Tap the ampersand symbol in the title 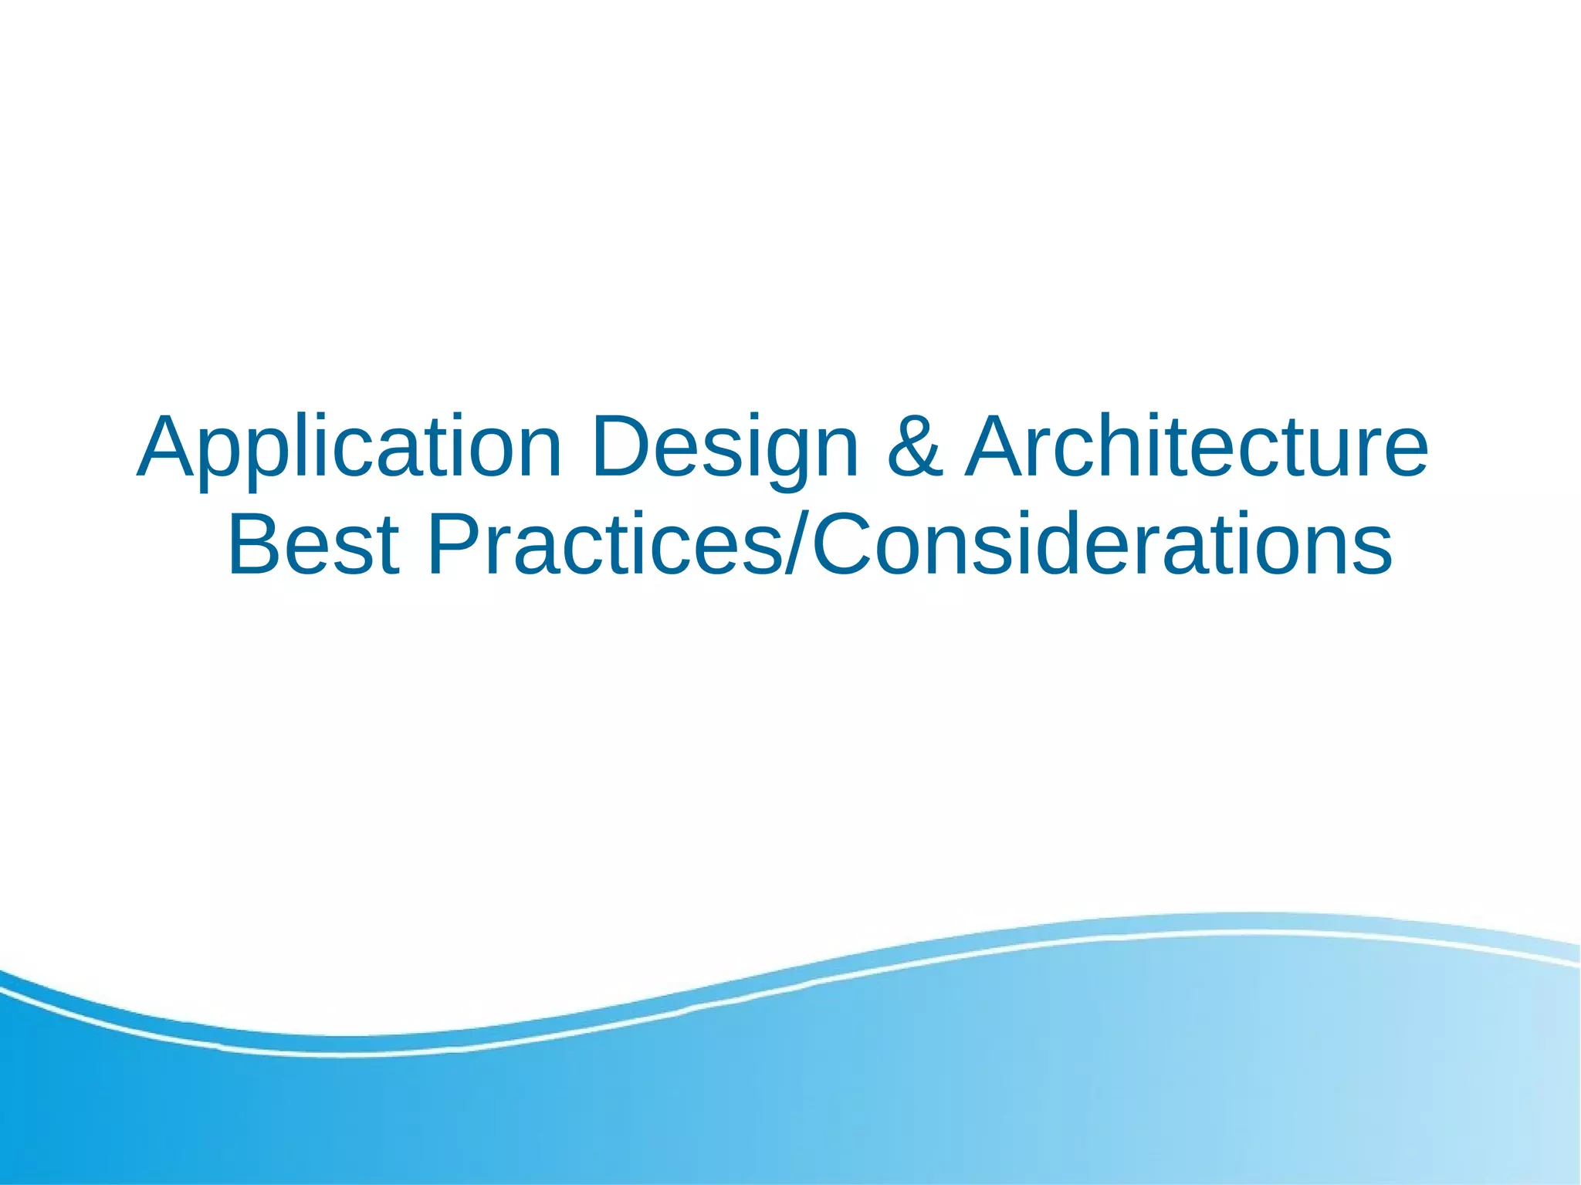coord(915,448)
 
